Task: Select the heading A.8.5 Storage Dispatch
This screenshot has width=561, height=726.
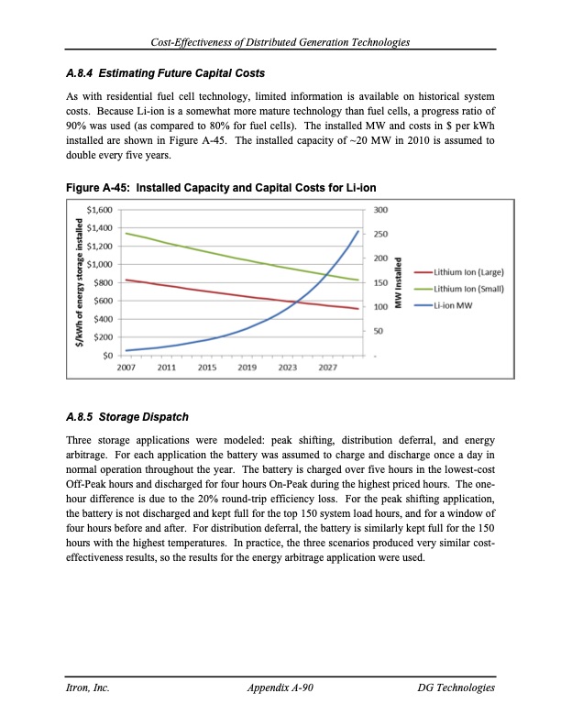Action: [x=127, y=417]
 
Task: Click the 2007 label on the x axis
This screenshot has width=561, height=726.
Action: [x=127, y=368]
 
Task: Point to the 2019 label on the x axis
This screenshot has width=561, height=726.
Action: [x=247, y=368]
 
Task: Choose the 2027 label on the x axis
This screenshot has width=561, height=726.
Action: [x=328, y=368]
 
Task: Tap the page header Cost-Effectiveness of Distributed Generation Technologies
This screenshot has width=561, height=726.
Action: [x=280, y=44]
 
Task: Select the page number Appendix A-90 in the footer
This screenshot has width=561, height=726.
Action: [x=280, y=687]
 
